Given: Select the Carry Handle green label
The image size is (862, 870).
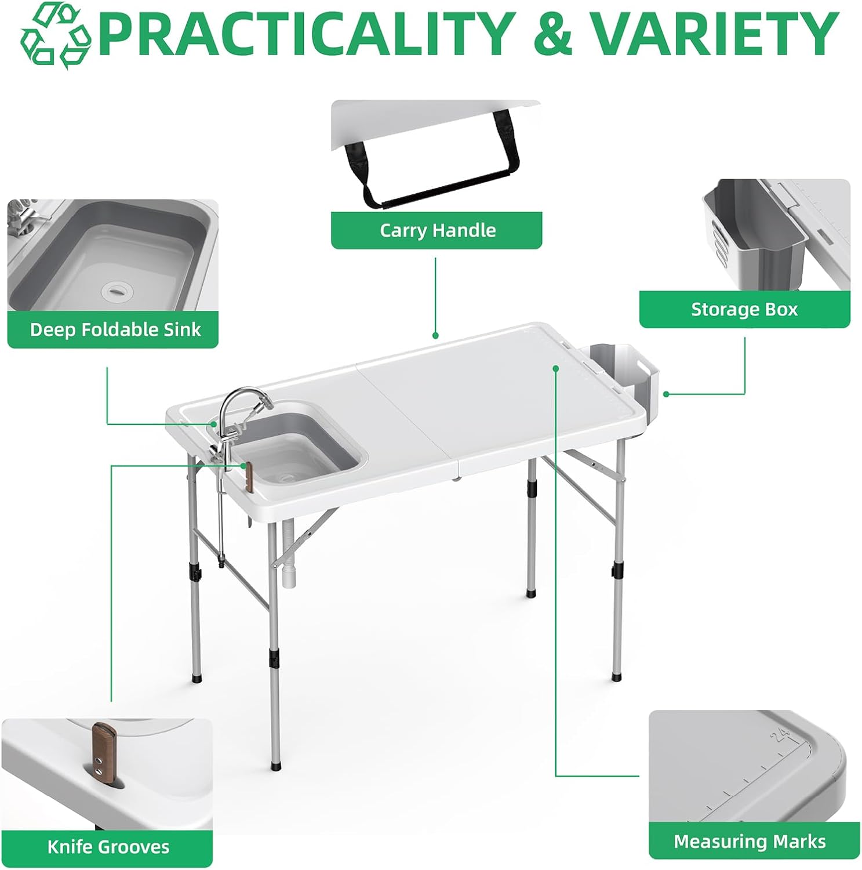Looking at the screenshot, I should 437,230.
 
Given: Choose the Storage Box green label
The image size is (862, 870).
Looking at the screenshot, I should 744,309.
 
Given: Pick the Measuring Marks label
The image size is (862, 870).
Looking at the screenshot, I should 750,841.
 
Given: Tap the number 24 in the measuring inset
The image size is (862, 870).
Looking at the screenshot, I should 780,735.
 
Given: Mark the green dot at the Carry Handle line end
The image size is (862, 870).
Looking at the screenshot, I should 435,335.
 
